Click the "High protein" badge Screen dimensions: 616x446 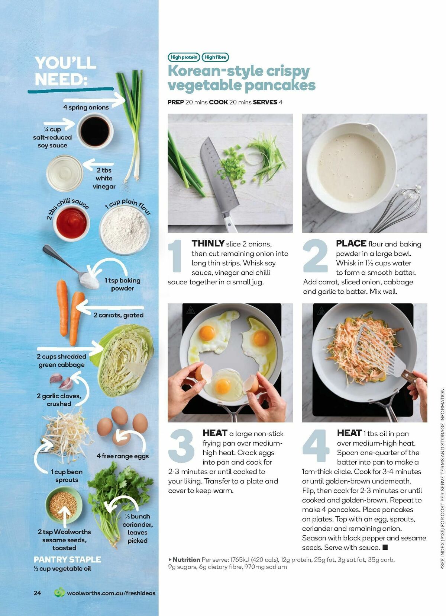[184, 57]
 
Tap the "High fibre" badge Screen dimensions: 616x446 [215, 57]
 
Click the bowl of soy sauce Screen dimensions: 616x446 [95, 131]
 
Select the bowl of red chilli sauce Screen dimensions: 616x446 [72, 223]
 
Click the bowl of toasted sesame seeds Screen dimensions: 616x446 [64, 505]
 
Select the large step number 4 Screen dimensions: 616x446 [316, 446]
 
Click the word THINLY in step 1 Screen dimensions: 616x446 [208, 243]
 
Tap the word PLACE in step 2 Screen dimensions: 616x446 [351, 243]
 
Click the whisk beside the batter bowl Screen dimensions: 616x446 [400, 208]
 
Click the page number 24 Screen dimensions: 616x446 [37, 593]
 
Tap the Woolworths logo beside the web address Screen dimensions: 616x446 [59, 593]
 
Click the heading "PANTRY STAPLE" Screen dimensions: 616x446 [67, 559]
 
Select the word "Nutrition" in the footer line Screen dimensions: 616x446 [186, 559]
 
